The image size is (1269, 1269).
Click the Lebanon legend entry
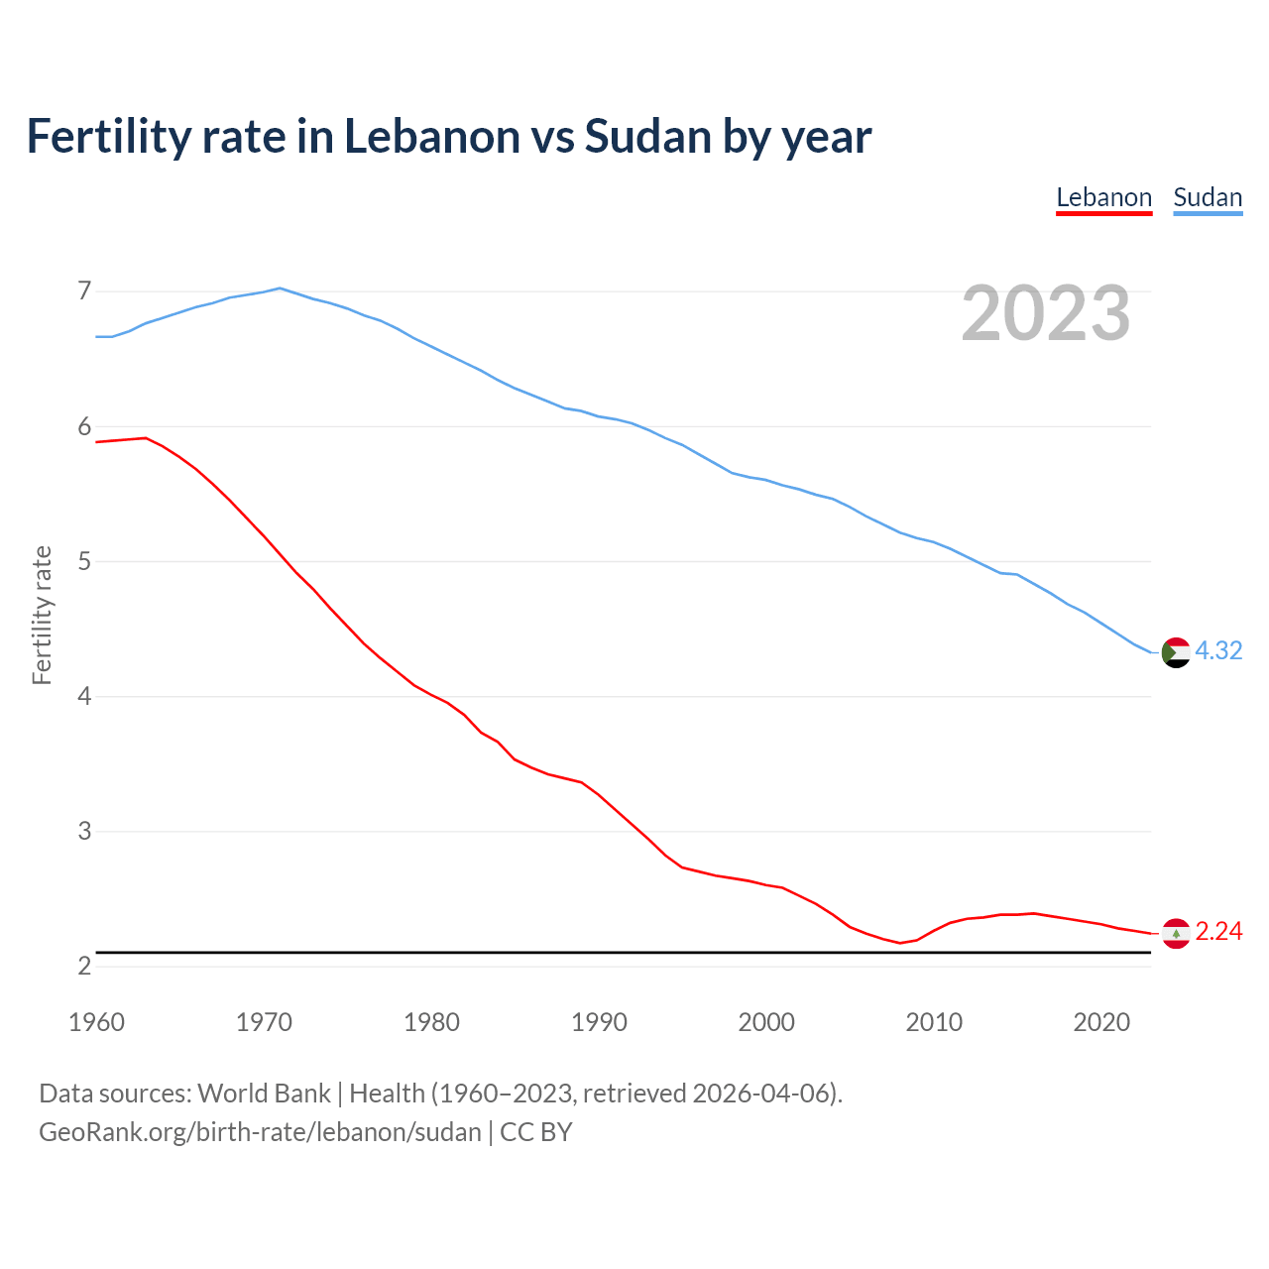click(x=1103, y=197)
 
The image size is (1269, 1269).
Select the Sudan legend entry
click(x=1208, y=197)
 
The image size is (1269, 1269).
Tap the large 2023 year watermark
click(x=1046, y=313)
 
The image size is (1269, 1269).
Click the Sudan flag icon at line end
click(x=1175, y=652)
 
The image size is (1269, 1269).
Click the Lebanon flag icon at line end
click(x=1175, y=933)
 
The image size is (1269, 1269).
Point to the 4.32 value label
click(x=1218, y=651)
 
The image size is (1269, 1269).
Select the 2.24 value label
click(x=1218, y=932)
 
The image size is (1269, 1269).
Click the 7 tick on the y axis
click(x=84, y=291)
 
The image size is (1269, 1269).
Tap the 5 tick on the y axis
click(x=84, y=562)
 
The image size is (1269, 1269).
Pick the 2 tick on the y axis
click(x=84, y=967)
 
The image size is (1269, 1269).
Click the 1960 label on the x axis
click(x=96, y=1022)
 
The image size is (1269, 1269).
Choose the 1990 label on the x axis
click(x=599, y=1022)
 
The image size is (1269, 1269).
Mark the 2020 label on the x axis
click(x=1101, y=1022)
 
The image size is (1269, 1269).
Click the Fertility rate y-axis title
click(x=42, y=615)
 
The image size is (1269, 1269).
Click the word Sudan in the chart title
click(x=647, y=136)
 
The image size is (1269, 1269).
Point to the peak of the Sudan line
click(x=280, y=288)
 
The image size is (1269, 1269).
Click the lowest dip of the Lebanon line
click(x=900, y=942)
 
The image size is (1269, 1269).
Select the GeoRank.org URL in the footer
click(x=260, y=1132)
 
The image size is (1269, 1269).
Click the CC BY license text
click(x=536, y=1132)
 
